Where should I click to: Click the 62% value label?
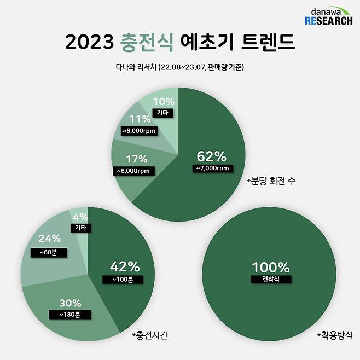point(210,156)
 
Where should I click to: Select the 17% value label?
point(136,159)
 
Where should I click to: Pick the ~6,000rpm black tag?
point(133,171)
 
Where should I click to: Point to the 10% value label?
point(163,102)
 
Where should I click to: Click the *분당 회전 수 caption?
point(271,180)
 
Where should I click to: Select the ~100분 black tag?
point(122,279)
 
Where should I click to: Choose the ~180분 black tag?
point(69,315)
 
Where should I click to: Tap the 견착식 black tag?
point(271,279)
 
